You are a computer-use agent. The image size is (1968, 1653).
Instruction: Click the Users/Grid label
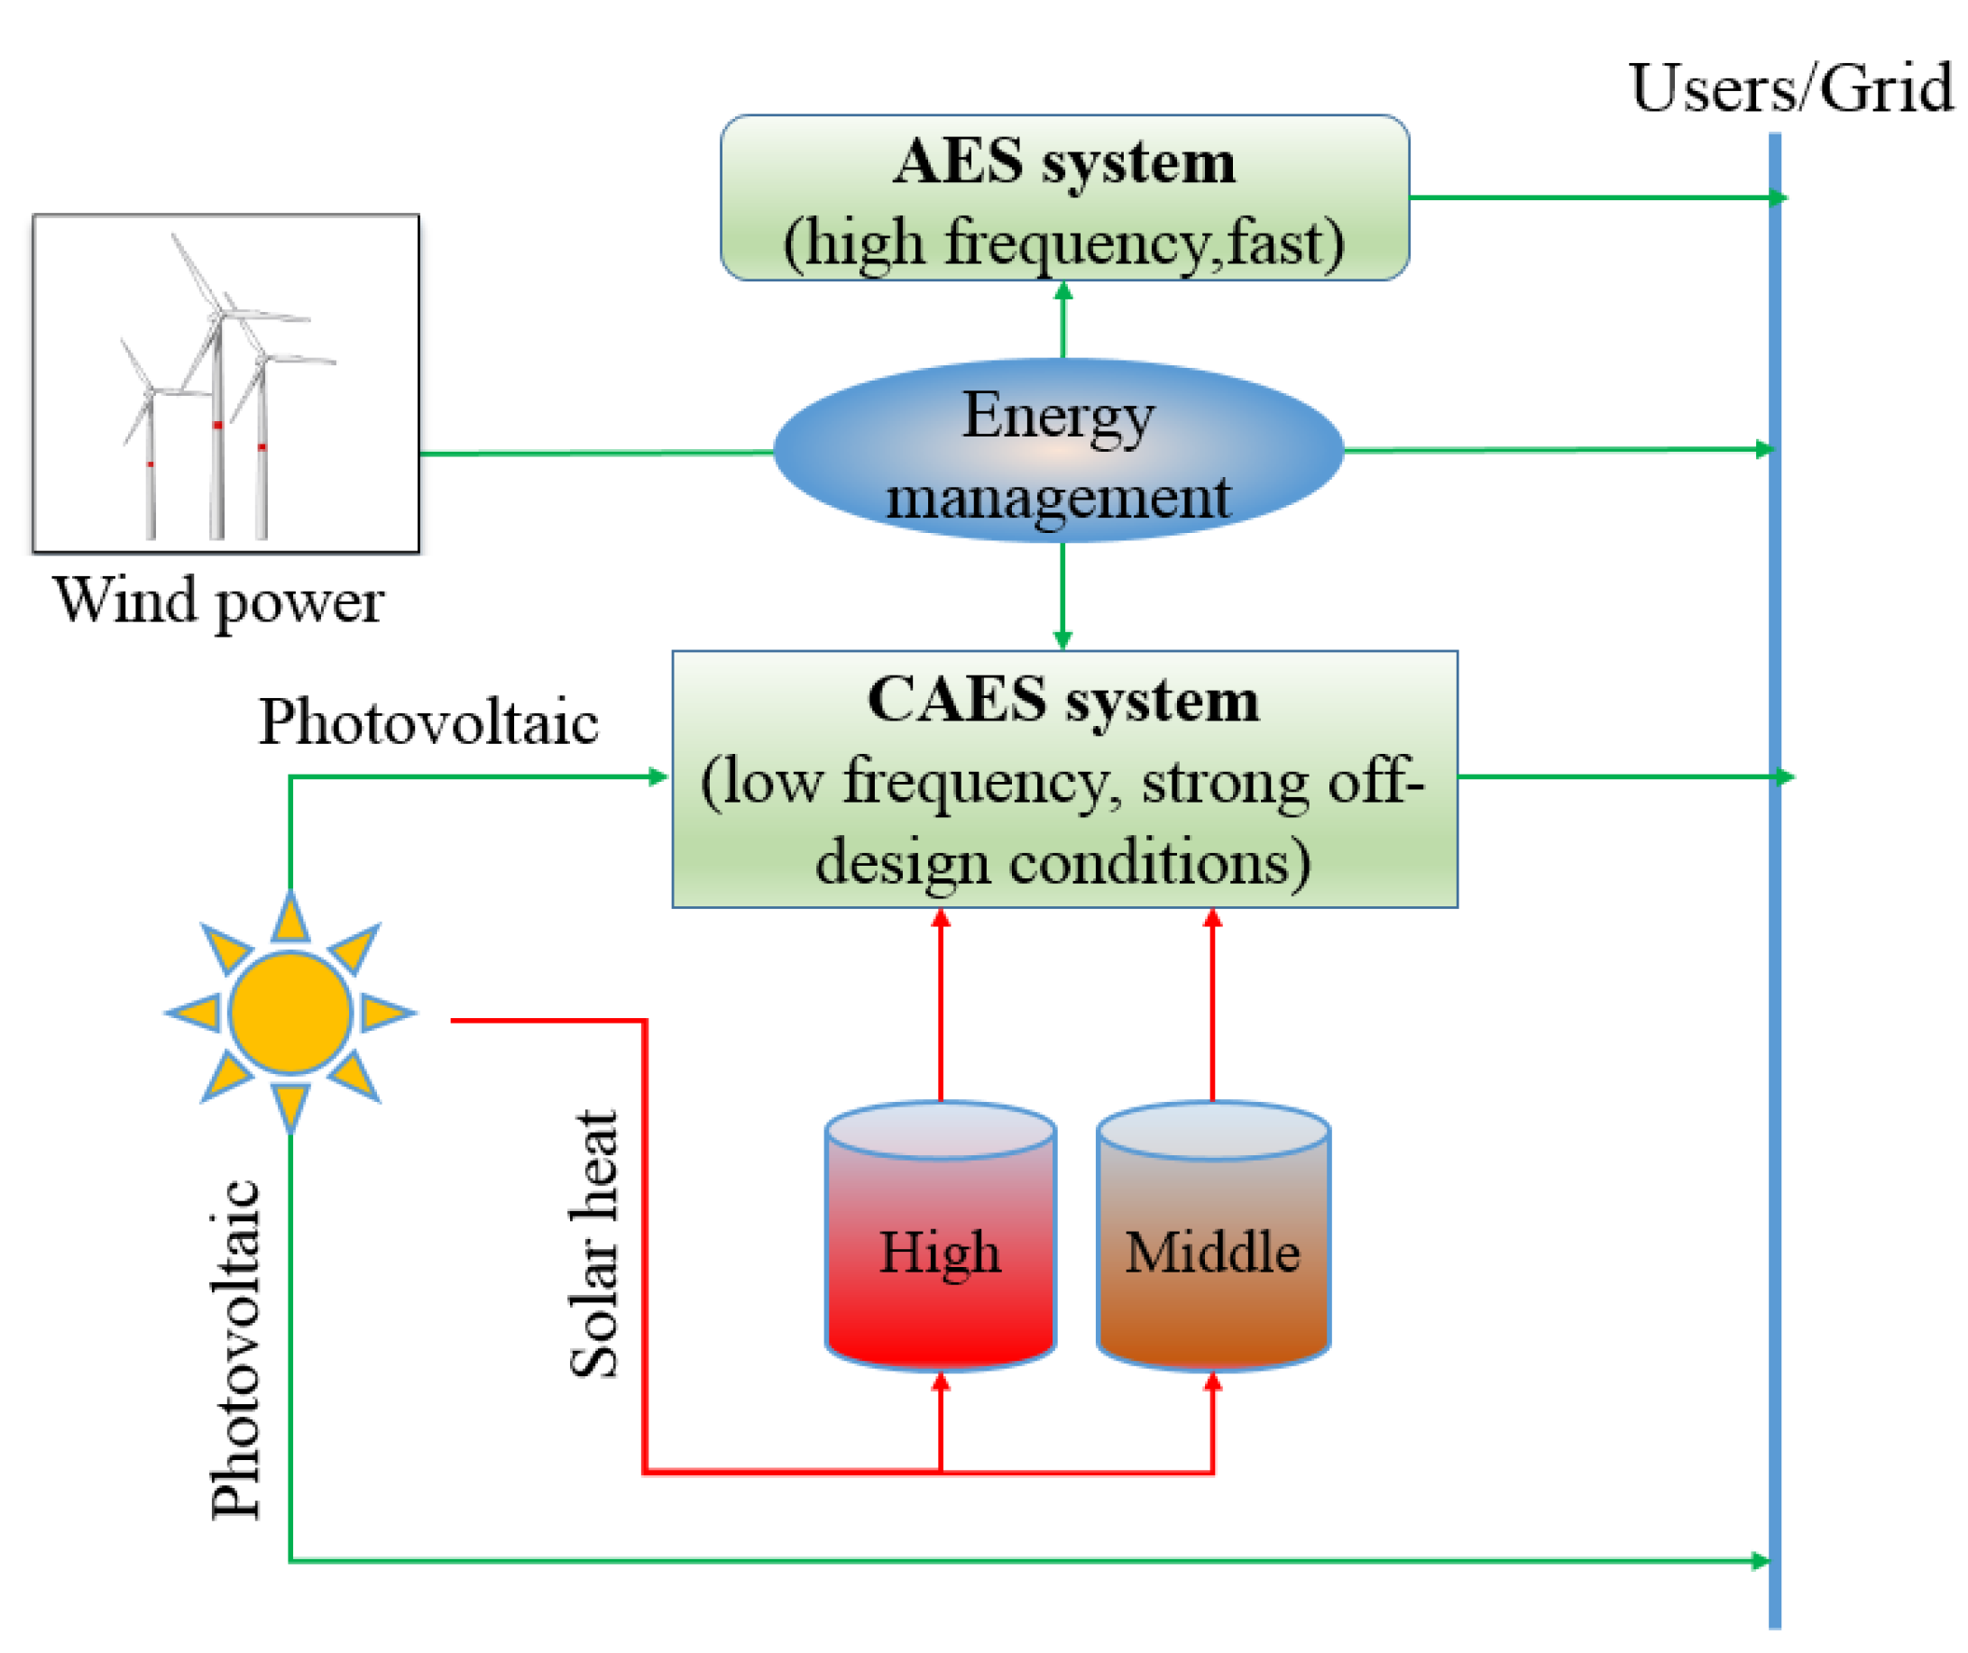(x=1790, y=89)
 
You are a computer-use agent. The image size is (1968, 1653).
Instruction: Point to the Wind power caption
(x=219, y=602)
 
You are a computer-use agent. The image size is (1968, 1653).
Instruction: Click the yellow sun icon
(x=290, y=1013)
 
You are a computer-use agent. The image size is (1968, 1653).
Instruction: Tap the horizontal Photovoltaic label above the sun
(x=428, y=723)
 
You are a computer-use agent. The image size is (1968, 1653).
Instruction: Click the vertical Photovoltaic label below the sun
(x=235, y=1349)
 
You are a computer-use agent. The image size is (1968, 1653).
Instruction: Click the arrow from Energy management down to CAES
(x=1062, y=596)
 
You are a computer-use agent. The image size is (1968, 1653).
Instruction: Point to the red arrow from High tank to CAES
(x=941, y=1007)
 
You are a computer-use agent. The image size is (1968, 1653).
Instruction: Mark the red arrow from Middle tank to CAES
(x=1213, y=1007)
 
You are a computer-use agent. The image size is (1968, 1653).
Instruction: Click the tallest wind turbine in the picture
(x=217, y=393)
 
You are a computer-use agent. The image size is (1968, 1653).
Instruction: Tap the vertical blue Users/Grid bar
(x=1775, y=937)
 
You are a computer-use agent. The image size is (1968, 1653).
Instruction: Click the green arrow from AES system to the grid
(x=1593, y=197)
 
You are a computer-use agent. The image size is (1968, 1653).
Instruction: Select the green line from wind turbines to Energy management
(x=596, y=454)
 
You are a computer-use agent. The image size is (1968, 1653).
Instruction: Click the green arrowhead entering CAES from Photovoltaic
(x=658, y=776)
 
